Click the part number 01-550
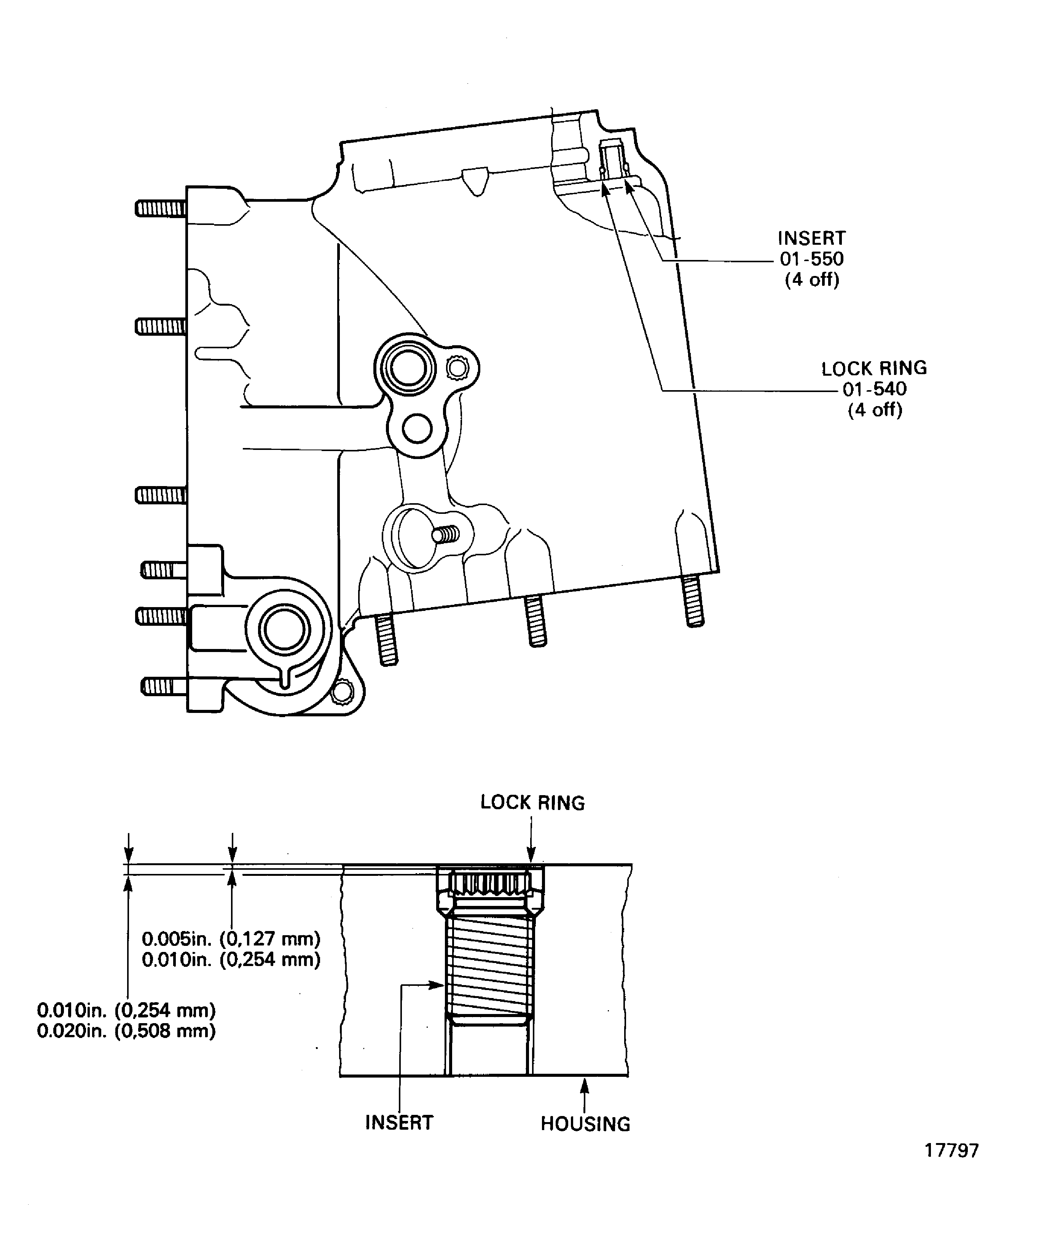point(811,258)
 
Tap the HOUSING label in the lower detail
point(585,1124)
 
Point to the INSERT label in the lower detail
point(399,1122)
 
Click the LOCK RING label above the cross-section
point(532,803)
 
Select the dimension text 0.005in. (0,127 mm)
point(231,939)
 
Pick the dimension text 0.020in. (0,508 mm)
point(126,1032)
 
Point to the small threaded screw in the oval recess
point(446,535)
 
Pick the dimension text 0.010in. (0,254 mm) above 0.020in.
point(126,1009)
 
